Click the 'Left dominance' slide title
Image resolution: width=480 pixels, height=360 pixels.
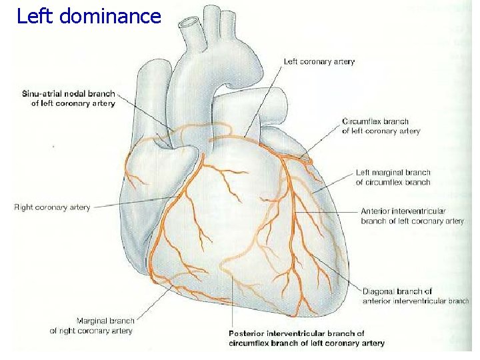click(x=89, y=16)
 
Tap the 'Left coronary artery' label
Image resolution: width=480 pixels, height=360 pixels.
click(x=319, y=62)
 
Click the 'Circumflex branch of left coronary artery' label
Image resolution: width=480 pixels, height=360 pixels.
click(x=381, y=127)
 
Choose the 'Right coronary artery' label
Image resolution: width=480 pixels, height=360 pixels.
click(x=52, y=207)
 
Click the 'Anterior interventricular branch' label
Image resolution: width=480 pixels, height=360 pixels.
click(x=412, y=216)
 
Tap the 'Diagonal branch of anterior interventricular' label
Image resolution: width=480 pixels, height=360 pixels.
click(x=415, y=296)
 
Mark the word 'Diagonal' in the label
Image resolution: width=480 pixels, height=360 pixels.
click(x=380, y=291)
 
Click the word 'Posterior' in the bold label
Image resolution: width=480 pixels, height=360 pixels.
click(x=247, y=333)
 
